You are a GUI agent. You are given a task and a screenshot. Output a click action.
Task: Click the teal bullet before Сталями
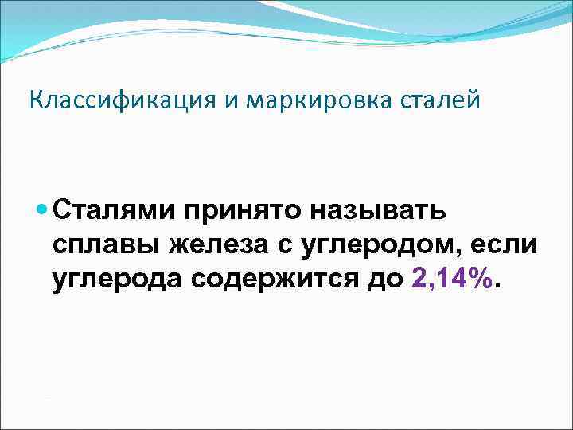(43, 211)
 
